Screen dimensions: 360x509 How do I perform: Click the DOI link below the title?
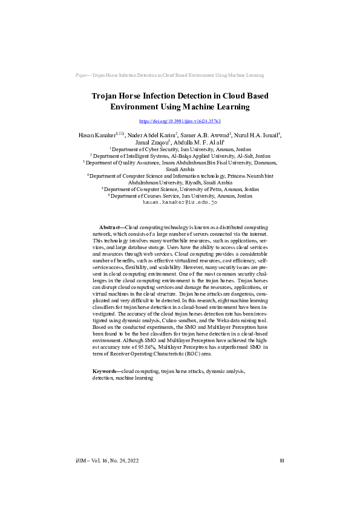point(180,121)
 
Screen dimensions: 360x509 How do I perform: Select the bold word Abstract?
point(111,225)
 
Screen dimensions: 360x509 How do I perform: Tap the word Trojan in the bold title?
point(106,96)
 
